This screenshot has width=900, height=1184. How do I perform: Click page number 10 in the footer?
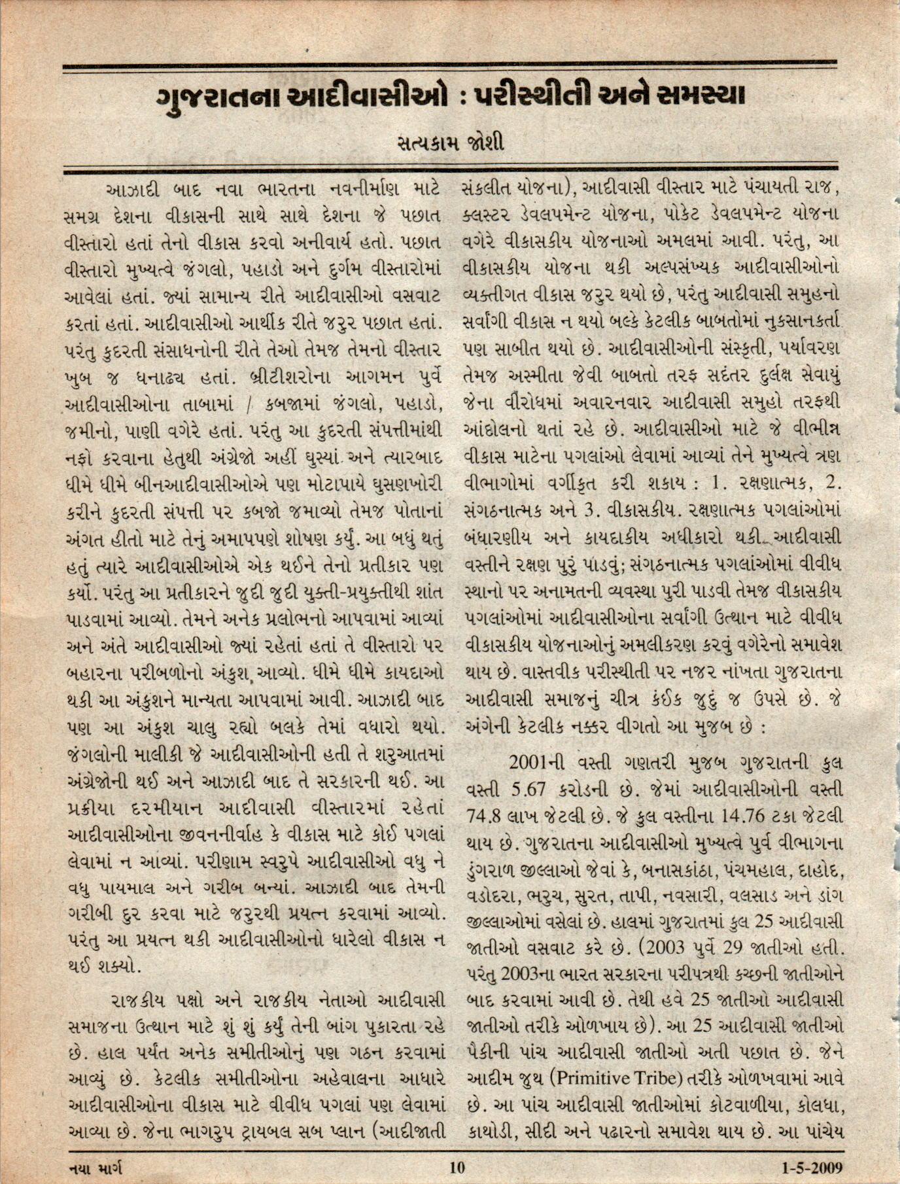[x=457, y=1166]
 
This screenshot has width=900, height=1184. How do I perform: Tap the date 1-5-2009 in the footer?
[x=812, y=1166]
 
